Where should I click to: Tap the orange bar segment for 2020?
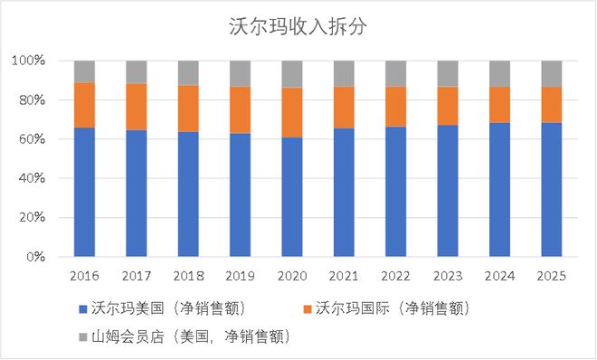(291, 112)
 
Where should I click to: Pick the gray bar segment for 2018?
(188, 72)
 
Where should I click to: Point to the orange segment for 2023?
(448, 106)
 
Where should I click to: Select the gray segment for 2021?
(344, 73)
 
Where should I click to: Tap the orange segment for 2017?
(137, 107)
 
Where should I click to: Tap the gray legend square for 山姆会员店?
(82, 336)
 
